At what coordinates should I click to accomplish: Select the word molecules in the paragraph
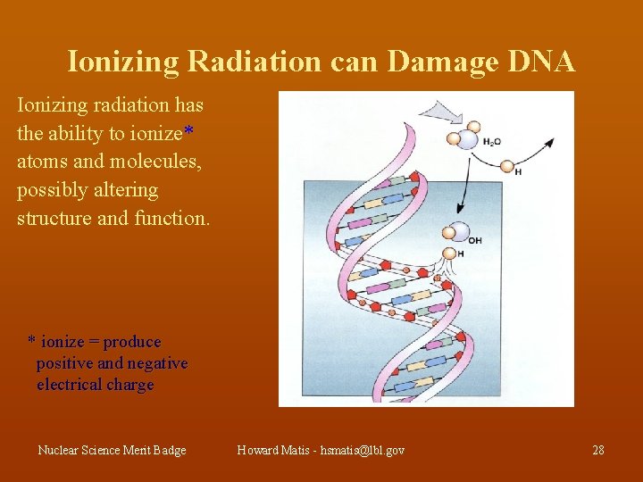(114, 162)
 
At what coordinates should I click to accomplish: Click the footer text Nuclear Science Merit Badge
(112, 450)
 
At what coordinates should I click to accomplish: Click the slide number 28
(598, 450)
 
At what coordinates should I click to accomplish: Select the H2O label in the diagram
(491, 141)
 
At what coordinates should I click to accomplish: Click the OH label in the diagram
(474, 240)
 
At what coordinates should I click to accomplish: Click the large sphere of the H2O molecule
(467, 139)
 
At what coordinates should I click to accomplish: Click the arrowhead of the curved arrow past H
(549, 142)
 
